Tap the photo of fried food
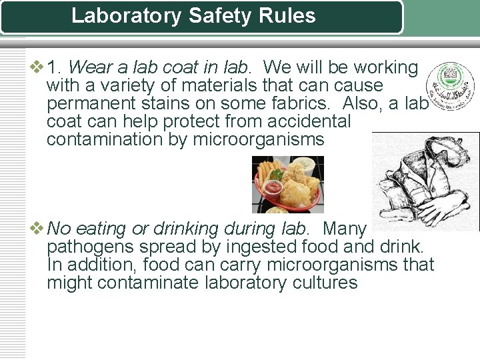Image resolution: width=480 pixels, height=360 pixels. tap(287, 184)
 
